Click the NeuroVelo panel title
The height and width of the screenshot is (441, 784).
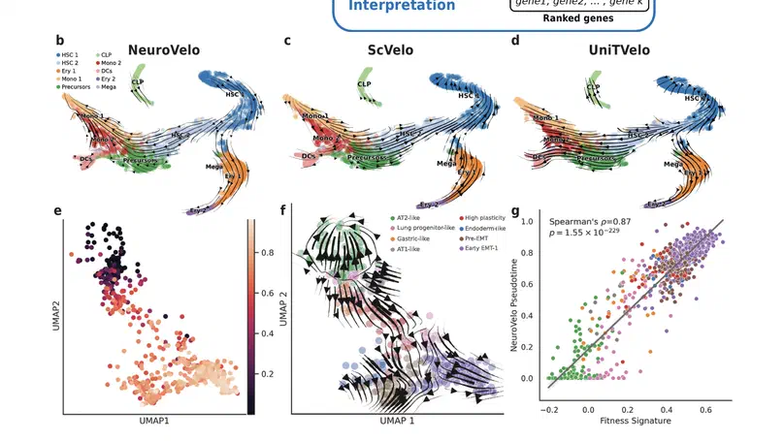tap(175, 48)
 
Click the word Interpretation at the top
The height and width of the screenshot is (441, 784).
tap(402, 7)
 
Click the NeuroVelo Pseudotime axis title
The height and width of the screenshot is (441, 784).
tap(515, 310)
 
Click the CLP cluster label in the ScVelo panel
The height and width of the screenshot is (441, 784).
tap(365, 84)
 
